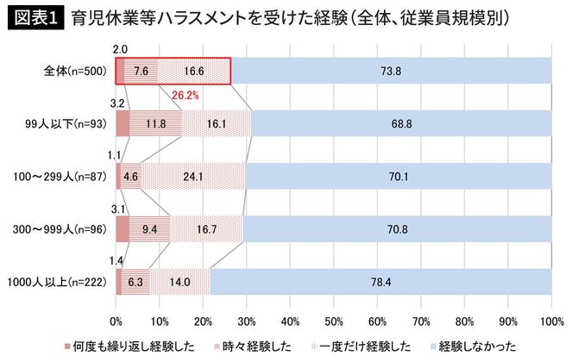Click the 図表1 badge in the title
(x=35, y=18)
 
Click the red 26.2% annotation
(x=185, y=96)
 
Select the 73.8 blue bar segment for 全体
(x=391, y=72)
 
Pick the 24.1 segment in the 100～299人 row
(x=193, y=177)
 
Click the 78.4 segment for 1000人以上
(x=380, y=281)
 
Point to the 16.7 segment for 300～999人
(x=206, y=229)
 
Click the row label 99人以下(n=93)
(x=66, y=124)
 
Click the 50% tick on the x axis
(x=334, y=321)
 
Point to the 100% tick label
(x=551, y=321)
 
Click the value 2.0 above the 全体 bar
(x=120, y=50)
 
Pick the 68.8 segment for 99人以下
(x=401, y=124)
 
